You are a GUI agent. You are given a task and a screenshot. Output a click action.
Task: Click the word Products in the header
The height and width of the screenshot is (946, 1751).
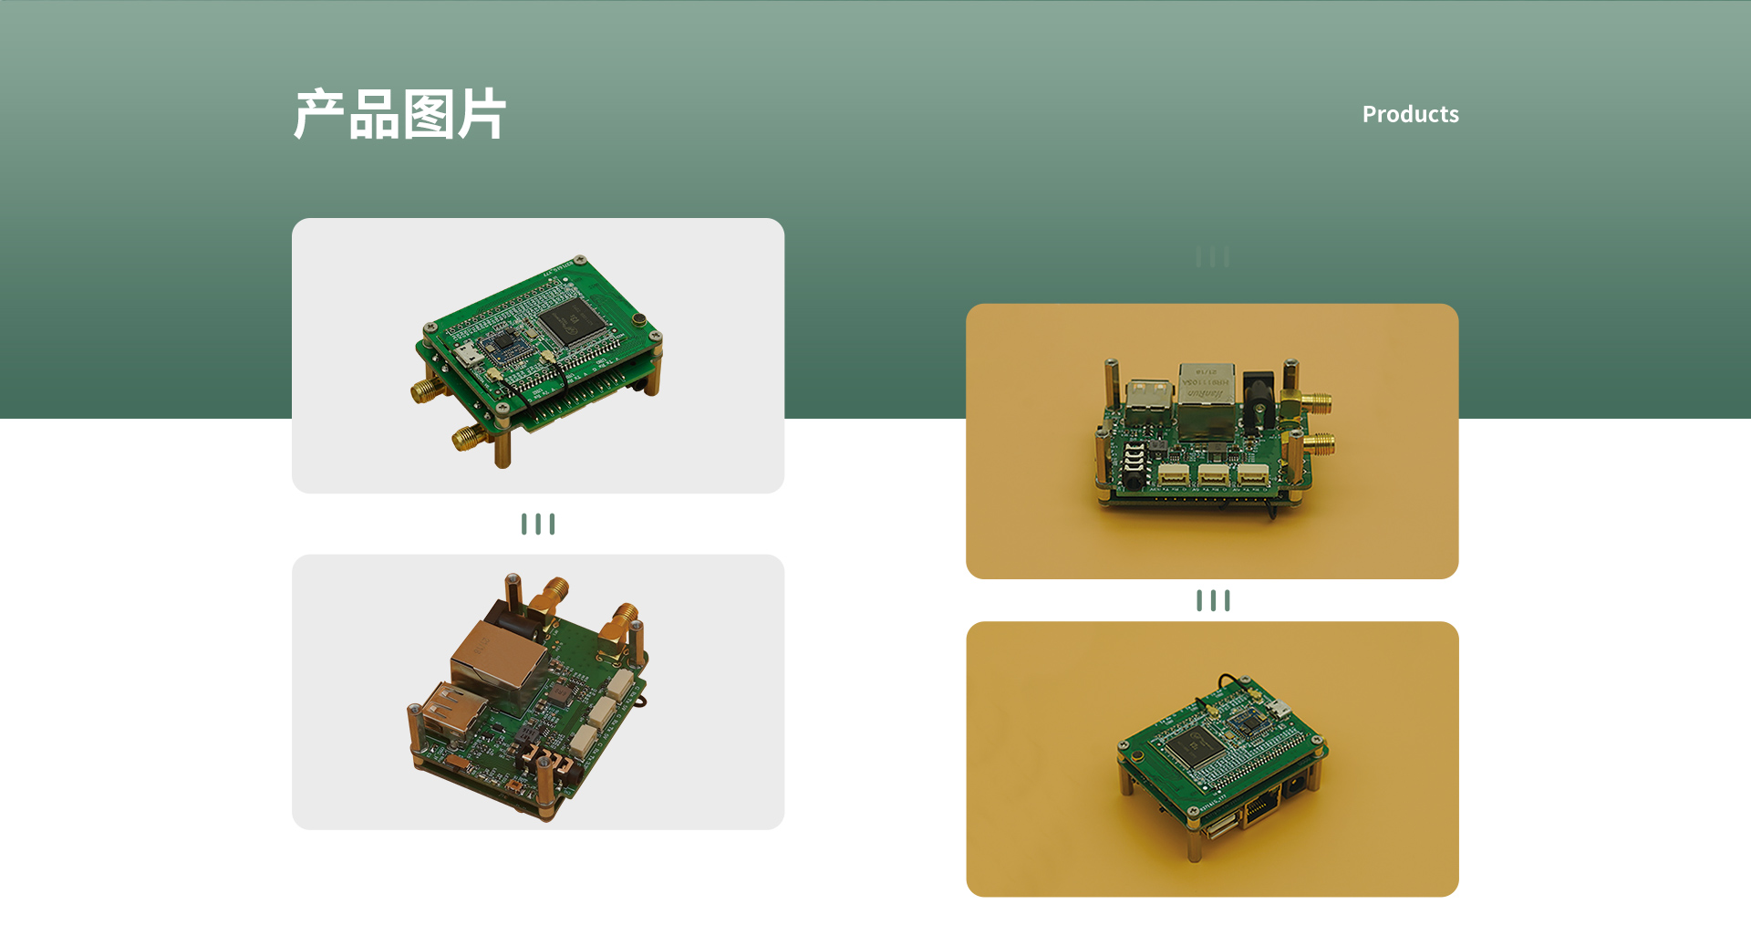click(1410, 114)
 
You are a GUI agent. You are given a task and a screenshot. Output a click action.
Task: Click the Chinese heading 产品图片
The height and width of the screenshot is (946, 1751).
click(399, 115)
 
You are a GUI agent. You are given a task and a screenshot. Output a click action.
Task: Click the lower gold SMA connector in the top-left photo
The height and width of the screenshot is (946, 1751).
click(467, 439)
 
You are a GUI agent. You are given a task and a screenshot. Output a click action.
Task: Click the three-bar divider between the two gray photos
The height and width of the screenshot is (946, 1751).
click(538, 524)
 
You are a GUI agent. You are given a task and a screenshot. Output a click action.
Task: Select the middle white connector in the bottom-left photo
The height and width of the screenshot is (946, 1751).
click(603, 712)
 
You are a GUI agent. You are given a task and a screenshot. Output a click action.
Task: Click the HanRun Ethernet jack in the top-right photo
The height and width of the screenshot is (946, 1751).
click(1206, 394)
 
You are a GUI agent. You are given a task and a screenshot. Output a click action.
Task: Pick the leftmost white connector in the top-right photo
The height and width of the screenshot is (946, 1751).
click(1173, 474)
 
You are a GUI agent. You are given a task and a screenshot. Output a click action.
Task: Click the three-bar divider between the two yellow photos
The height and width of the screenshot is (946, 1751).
click(1213, 600)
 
